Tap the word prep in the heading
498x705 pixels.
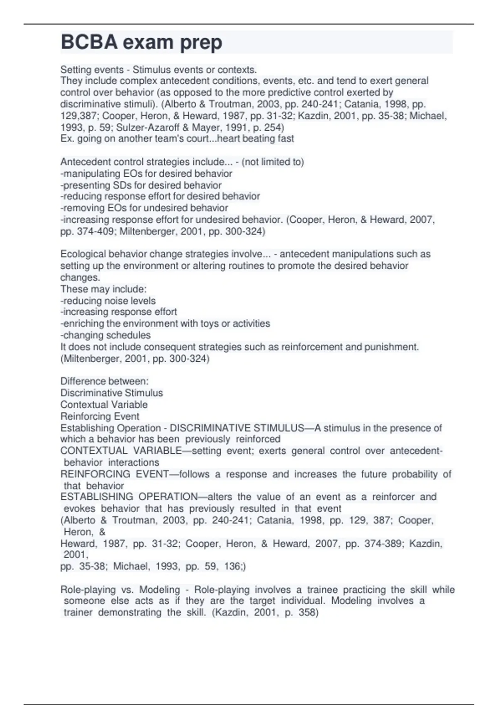201,42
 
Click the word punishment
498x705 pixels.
391,347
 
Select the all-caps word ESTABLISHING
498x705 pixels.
96,497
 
